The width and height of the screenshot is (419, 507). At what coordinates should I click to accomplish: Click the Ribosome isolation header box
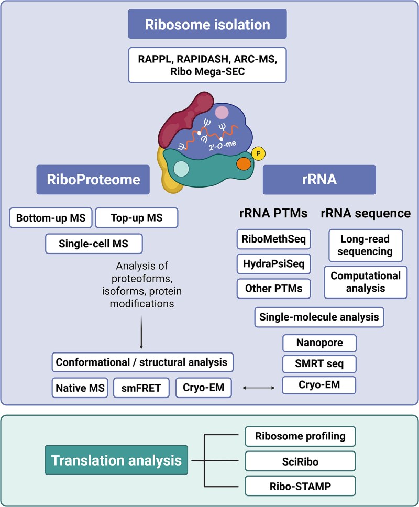207,24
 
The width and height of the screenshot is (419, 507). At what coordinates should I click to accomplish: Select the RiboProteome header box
93,180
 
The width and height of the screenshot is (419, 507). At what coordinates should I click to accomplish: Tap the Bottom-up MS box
51,217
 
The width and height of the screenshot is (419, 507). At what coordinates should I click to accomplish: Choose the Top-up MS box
137,217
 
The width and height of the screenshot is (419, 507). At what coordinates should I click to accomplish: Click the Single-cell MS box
94,244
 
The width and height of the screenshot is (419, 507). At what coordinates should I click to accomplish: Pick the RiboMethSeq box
273,239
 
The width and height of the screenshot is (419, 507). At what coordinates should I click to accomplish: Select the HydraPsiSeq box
273,263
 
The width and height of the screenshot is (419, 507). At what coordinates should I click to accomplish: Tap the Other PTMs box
273,289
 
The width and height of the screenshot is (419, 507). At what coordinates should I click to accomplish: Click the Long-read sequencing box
366,246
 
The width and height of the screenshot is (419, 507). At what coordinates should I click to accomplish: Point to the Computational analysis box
366,282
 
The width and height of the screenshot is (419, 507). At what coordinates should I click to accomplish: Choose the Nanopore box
319,343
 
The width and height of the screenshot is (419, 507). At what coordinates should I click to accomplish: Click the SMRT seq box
319,364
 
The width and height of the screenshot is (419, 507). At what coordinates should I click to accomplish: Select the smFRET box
141,388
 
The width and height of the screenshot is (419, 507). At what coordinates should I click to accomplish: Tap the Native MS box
80,388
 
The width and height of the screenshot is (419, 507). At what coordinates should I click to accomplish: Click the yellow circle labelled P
258,153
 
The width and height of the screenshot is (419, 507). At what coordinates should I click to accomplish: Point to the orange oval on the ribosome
244,163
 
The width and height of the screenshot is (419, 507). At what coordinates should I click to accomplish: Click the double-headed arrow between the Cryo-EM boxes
259,388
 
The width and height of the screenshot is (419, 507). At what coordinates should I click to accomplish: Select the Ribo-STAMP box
300,486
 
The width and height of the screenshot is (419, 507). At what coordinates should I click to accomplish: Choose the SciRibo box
300,461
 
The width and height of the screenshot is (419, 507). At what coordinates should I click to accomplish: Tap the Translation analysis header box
116,460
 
